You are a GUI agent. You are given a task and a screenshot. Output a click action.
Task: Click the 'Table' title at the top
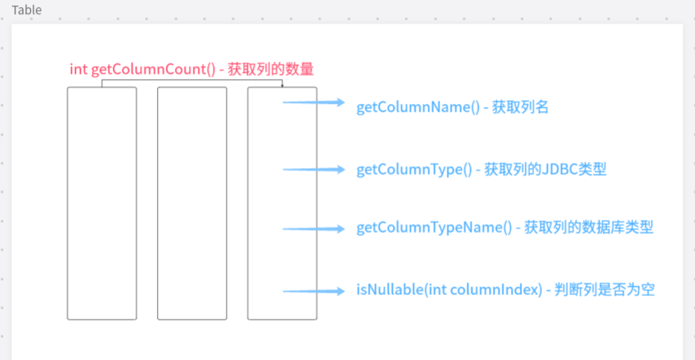(x=27, y=10)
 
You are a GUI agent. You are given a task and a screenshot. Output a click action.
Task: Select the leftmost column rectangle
(x=102, y=203)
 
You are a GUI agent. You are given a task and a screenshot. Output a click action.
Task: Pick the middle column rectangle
(x=192, y=203)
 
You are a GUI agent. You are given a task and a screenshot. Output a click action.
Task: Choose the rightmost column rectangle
(x=282, y=203)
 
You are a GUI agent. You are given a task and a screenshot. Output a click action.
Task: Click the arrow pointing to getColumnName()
(x=313, y=102)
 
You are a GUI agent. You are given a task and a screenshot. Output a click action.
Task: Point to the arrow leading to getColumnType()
(x=313, y=170)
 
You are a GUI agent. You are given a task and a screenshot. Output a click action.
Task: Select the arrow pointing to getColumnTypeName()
(x=313, y=228)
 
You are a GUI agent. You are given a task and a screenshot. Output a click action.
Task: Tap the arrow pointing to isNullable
(x=313, y=290)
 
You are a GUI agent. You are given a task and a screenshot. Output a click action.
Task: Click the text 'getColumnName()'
(x=417, y=107)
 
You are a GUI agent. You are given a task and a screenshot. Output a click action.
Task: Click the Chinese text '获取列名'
(x=520, y=107)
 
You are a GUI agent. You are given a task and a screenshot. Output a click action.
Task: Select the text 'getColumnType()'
(x=413, y=170)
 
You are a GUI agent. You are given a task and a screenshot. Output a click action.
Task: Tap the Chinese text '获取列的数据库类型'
(x=589, y=228)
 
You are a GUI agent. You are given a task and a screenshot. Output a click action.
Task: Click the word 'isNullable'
(x=390, y=290)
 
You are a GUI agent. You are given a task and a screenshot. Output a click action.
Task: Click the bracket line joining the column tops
(x=192, y=81)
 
